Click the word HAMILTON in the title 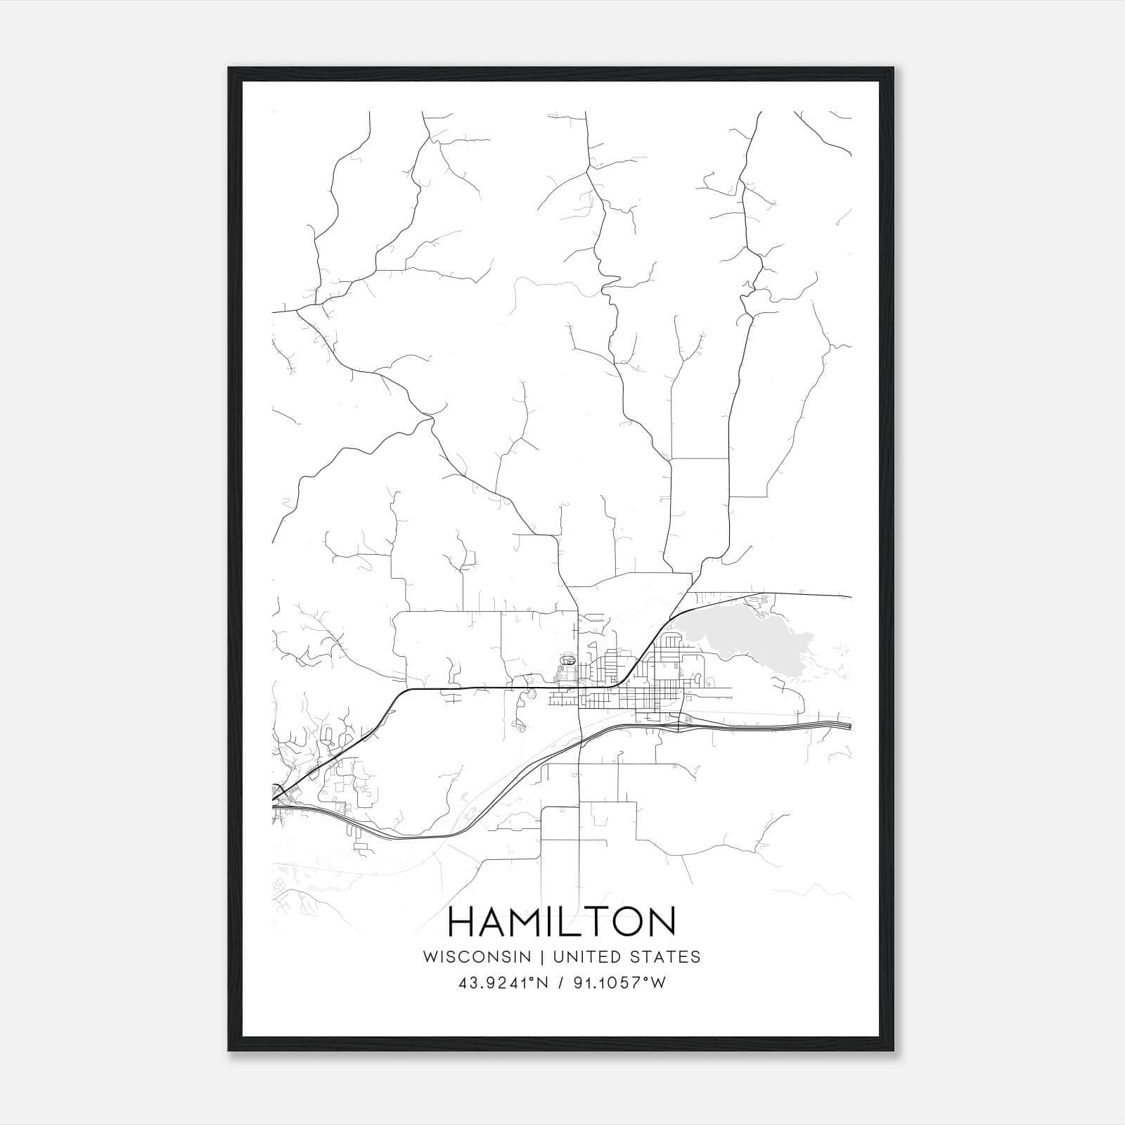(562, 922)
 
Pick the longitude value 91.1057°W (617, 983)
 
